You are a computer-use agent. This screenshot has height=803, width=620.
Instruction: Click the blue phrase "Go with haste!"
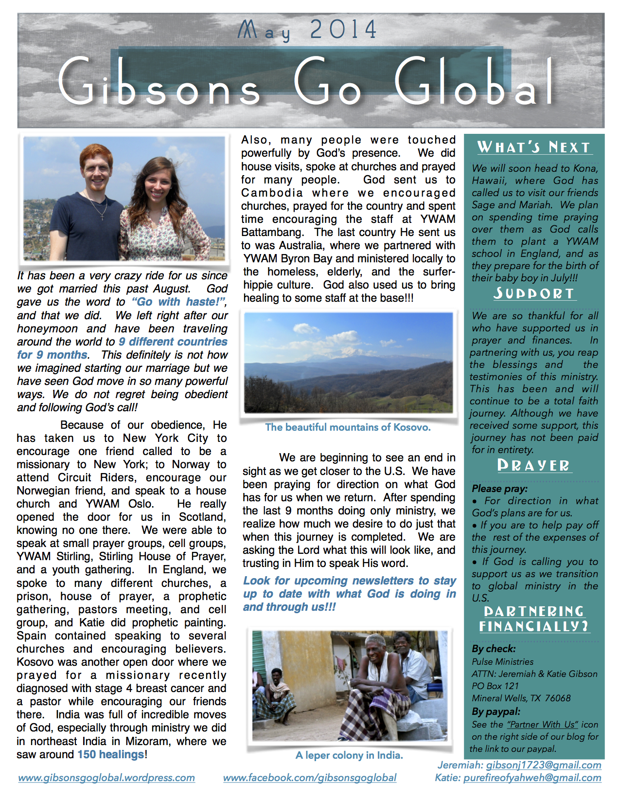coord(178,302)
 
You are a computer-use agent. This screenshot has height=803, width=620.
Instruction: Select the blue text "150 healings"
coord(111,754)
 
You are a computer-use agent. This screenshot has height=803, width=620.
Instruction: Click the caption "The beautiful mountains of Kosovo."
coord(348,427)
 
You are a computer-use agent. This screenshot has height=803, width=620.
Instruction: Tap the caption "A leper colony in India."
coord(349,755)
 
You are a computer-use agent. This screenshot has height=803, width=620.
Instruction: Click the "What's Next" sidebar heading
coord(533,147)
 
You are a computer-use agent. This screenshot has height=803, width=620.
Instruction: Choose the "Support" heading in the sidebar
coord(533,293)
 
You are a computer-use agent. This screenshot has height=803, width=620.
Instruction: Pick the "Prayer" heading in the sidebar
coord(533,466)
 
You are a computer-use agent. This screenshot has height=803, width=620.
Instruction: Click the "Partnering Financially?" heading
coord(534,619)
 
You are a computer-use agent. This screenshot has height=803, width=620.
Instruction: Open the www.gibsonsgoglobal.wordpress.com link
coord(106,778)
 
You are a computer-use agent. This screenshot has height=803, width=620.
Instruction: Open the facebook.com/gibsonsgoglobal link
coord(310,778)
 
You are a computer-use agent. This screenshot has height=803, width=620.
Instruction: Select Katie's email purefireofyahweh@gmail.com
coord(532,778)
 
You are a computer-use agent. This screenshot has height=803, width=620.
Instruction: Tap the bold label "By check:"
coord(494,649)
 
